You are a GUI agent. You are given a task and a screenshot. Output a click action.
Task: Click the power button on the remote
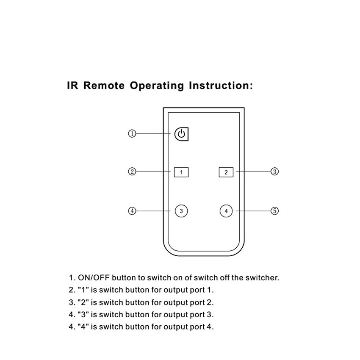181,134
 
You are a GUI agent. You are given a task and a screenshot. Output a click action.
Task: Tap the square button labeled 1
181,172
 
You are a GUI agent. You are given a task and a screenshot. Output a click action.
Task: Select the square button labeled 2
226,172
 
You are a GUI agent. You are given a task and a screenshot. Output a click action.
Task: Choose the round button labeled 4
226,211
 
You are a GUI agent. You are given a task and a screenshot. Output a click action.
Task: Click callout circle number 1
132,133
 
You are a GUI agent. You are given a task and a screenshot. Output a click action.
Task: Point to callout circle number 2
132,171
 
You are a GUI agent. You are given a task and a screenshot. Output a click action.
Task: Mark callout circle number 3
275,171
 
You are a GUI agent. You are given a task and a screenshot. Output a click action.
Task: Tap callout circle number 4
132,211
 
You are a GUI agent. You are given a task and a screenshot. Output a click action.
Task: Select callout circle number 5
275,211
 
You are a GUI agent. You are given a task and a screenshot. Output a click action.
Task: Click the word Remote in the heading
104,86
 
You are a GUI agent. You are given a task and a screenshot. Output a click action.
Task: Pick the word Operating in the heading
157,86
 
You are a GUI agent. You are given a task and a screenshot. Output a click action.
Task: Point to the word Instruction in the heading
219,86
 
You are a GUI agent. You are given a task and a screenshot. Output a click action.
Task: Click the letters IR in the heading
72,86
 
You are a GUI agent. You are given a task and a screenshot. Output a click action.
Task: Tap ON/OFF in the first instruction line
94,277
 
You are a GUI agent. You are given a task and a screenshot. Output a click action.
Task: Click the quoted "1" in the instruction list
83,290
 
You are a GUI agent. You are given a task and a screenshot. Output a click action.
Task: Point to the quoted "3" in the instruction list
83,314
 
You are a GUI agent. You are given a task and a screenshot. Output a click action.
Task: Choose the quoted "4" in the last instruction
83,327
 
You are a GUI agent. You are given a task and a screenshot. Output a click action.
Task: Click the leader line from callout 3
254,171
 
